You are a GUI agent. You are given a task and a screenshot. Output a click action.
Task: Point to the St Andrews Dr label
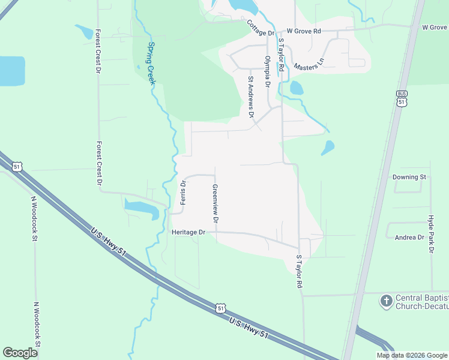[x=252, y=97]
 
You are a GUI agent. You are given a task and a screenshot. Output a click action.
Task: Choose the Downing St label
[x=409, y=177]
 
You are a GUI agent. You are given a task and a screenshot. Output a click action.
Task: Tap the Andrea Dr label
[x=409, y=238]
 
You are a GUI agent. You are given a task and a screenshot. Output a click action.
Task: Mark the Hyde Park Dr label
[x=430, y=234]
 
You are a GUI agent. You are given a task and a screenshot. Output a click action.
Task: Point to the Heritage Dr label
[x=188, y=232]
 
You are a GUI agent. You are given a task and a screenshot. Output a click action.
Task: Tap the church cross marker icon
[x=387, y=299]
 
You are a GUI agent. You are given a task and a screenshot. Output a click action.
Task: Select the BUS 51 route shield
[x=402, y=98]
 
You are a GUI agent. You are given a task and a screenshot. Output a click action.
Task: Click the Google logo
[x=20, y=352]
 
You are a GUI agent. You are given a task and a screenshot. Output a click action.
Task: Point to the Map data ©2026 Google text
[x=411, y=355]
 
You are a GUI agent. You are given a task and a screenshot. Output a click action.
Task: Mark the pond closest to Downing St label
[x=328, y=148]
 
